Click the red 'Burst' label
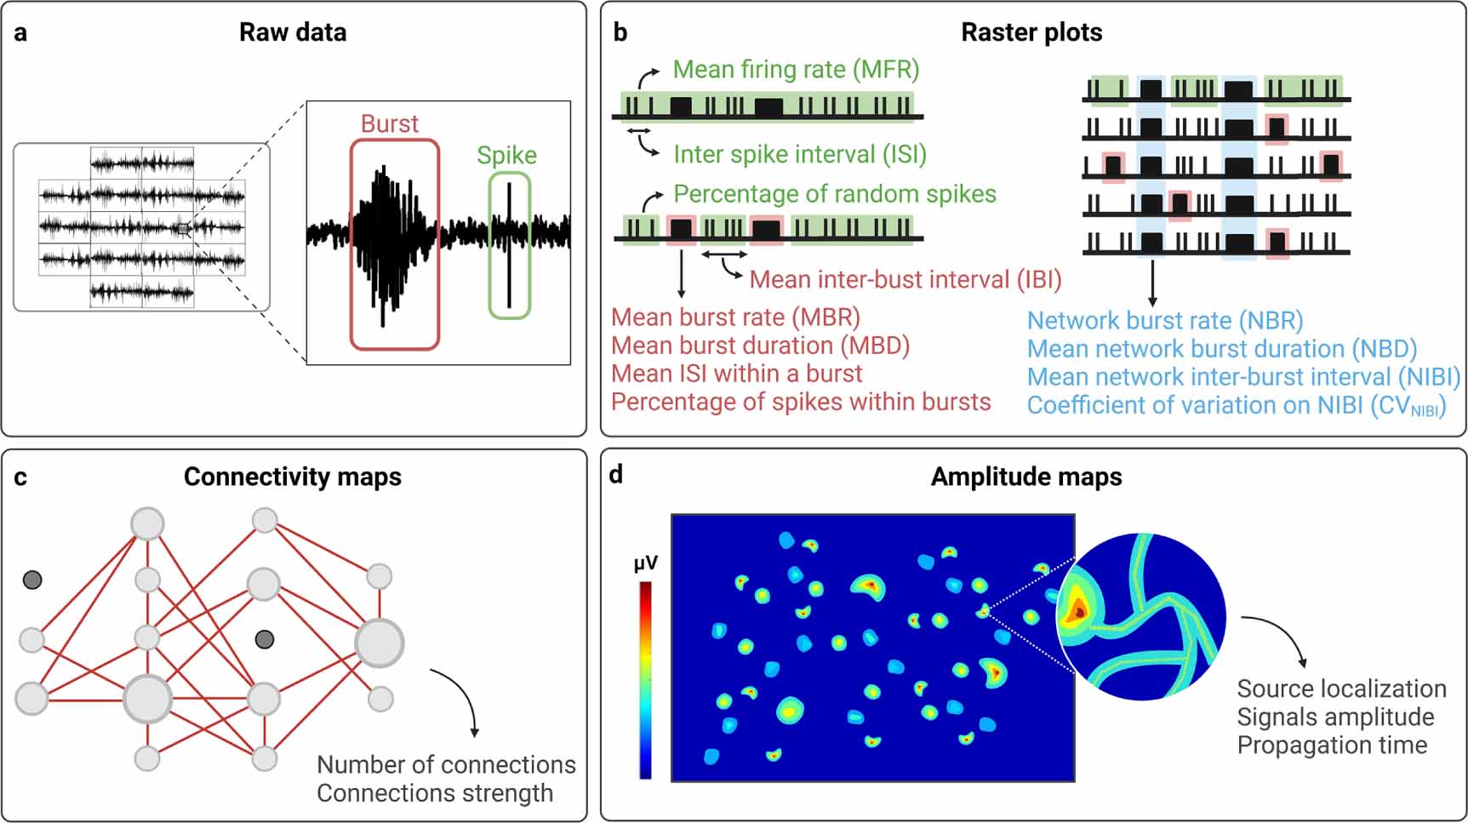(x=389, y=124)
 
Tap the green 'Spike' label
(x=506, y=156)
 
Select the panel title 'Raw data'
(x=293, y=33)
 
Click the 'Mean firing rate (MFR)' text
(x=796, y=70)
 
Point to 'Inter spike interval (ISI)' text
(x=799, y=154)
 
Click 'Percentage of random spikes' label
(x=834, y=194)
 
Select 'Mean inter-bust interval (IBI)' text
(x=905, y=279)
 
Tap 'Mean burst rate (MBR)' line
(x=735, y=317)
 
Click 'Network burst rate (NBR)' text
(x=1164, y=321)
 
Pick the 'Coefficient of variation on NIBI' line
(x=1236, y=405)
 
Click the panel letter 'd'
(x=616, y=475)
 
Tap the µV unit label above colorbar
(x=646, y=563)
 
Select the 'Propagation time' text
(x=1332, y=746)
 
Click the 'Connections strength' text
(x=434, y=793)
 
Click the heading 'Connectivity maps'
(x=293, y=477)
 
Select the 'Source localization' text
(x=1341, y=689)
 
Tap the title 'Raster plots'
(x=1031, y=33)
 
